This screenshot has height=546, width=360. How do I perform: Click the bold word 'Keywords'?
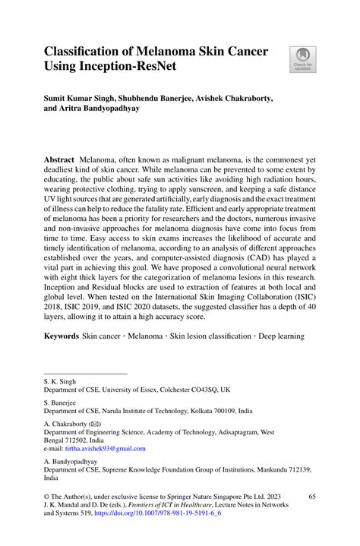click(61, 335)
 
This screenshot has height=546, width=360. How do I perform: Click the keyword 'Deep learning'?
click(277, 335)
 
